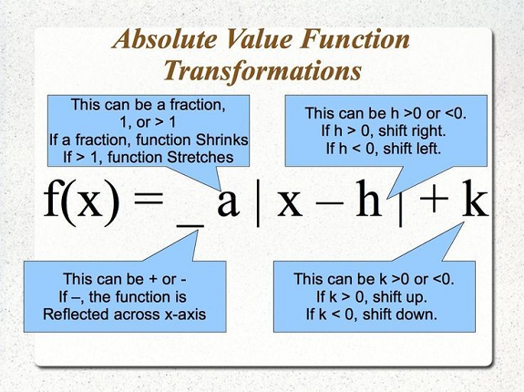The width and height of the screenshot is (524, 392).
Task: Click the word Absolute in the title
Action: pyautogui.click(x=165, y=39)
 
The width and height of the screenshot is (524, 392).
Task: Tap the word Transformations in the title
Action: pyautogui.click(x=262, y=71)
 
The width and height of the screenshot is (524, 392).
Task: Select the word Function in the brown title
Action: pyautogui.click(x=354, y=39)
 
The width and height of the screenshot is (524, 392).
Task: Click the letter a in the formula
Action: pyautogui.click(x=228, y=201)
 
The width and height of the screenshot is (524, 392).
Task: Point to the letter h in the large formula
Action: pyautogui.click(x=368, y=198)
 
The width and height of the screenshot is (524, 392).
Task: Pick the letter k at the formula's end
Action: pyautogui.click(x=475, y=198)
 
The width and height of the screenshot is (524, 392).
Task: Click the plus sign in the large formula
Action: pyautogui.click(x=434, y=200)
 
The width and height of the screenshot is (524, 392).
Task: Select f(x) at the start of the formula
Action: pyautogui.click(x=81, y=201)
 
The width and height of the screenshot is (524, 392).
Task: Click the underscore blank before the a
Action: pyautogui.click(x=190, y=227)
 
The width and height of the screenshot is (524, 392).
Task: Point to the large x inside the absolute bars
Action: pyautogui.click(x=290, y=202)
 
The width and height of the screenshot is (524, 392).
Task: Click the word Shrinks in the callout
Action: pyautogui.click(x=221, y=139)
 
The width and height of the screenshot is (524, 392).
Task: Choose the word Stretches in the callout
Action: pyautogui.click(x=200, y=157)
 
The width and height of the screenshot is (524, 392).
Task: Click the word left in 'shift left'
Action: pyautogui.click(x=427, y=148)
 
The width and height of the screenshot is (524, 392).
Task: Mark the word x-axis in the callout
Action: pyautogui.click(x=185, y=315)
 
